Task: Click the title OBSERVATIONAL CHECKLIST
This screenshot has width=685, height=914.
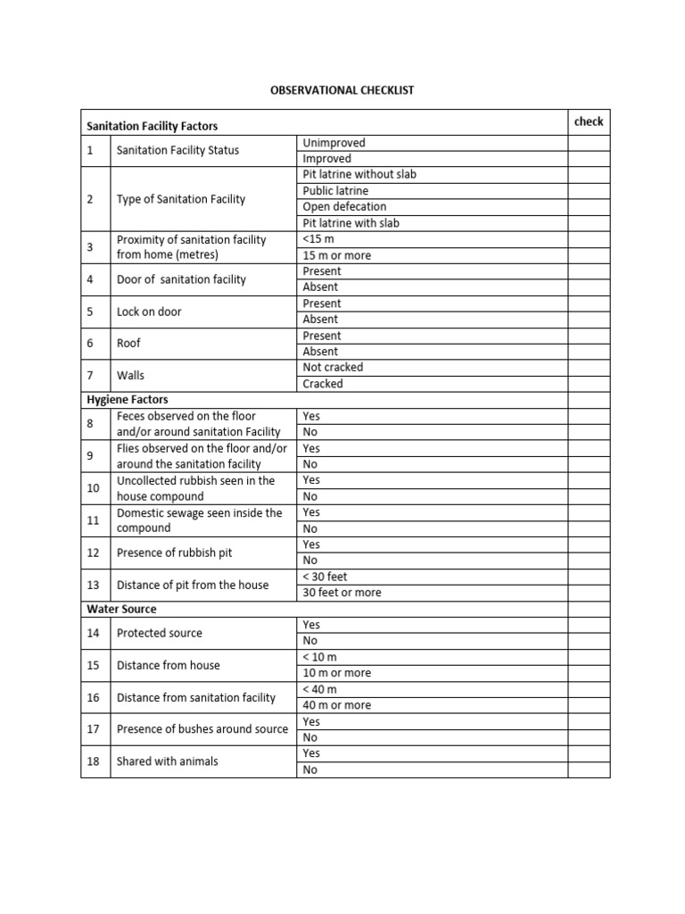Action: pyautogui.click(x=342, y=90)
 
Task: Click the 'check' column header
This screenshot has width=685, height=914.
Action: pyautogui.click(x=589, y=121)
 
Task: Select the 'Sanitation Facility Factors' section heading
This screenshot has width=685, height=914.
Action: pyautogui.click(x=152, y=127)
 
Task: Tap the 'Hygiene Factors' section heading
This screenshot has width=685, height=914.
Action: pyautogui.click(x=128, y=399)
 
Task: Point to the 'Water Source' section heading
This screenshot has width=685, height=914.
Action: pyautogui.click(x=121, y=609)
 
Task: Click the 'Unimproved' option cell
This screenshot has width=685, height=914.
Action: pyautogui.click(x=334, y=143)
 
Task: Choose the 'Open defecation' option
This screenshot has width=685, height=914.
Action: pyautogui.click(x=344, y=206)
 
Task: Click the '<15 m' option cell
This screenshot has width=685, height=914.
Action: pyautogui.click(x=318, y=239)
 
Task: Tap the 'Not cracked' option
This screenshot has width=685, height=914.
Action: pyautogui.click(x=333, y=367)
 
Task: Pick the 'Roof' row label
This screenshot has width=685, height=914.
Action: pyautogui.click(x=128, y=343)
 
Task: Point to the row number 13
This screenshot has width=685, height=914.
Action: pyautogui.click(x=94, y=585)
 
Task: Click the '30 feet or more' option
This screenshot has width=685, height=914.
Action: pyautogui.click(x=342, y=593)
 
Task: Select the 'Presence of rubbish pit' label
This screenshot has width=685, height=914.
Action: pyautogui.click(x=174, y=553)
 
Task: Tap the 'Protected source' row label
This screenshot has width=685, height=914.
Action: pyautogui.click(x=159, y=633)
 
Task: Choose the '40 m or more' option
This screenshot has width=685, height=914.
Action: pyautogui.click(x=337, y=705)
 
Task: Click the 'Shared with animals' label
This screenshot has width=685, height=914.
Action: pyautogui.click(x=167, y=761)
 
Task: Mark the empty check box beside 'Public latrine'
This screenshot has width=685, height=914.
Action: pyautogui.click(x=589, y=191)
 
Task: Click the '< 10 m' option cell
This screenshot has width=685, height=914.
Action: pyautogui.click(x=319, y=657)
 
